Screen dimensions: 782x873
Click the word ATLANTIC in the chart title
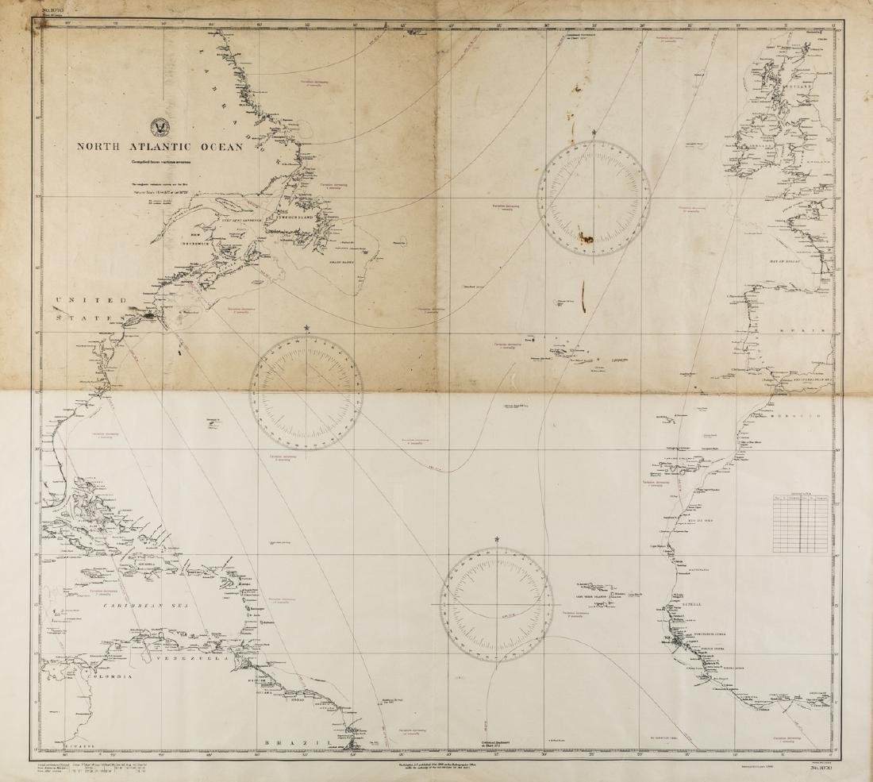pyautogui.click(x=165, y=147)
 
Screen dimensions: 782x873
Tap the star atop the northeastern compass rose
pyautogui.click(x=594, y=132)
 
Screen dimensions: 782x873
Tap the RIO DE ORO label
pyautogui.click(x=709, y=515)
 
